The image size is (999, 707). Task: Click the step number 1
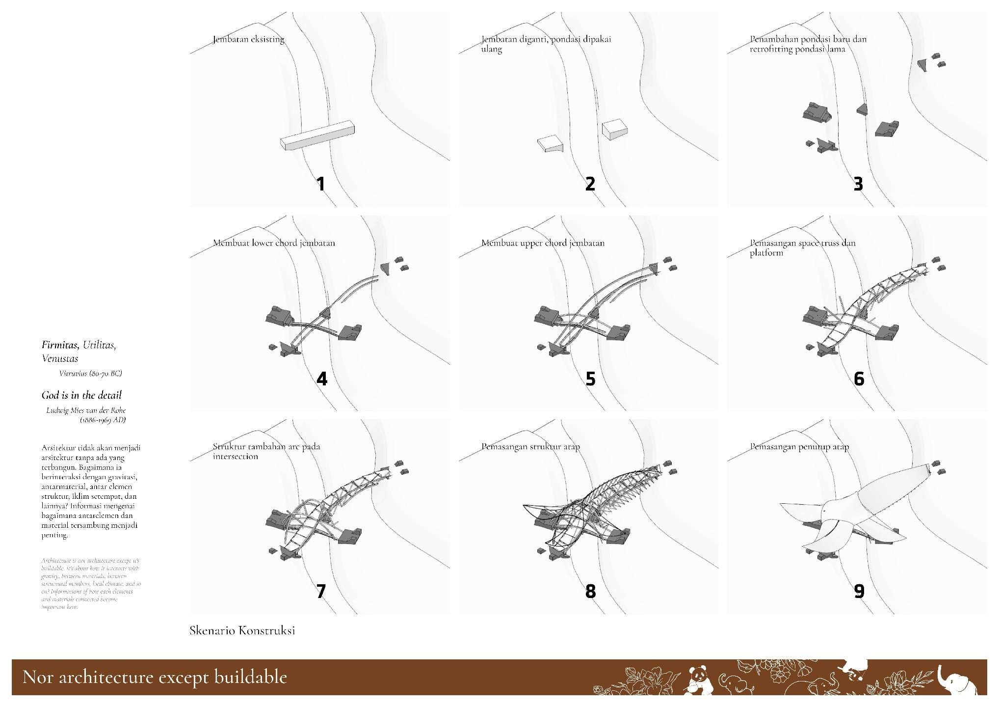click(321, 184)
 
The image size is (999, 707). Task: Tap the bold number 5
click(590, 379)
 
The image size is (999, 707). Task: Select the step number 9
click(859, 591)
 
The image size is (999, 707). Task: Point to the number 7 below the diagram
click(321, 591)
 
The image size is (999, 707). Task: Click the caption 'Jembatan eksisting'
click(248, 39)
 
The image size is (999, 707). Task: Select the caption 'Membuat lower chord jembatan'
click(274, 243)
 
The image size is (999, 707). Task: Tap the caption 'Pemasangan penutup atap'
click(799, 447)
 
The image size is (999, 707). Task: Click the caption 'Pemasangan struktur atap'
click(530, 447)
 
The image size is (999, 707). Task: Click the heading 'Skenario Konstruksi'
click(242, 630)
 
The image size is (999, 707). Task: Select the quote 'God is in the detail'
click(81, 395)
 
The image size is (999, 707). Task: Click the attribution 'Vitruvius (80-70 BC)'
click(90, 374)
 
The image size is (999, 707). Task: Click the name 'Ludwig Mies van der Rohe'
click(86, 410)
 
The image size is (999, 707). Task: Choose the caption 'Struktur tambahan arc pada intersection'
click(266, 451)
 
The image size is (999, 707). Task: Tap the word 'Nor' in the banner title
click(39, 677)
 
